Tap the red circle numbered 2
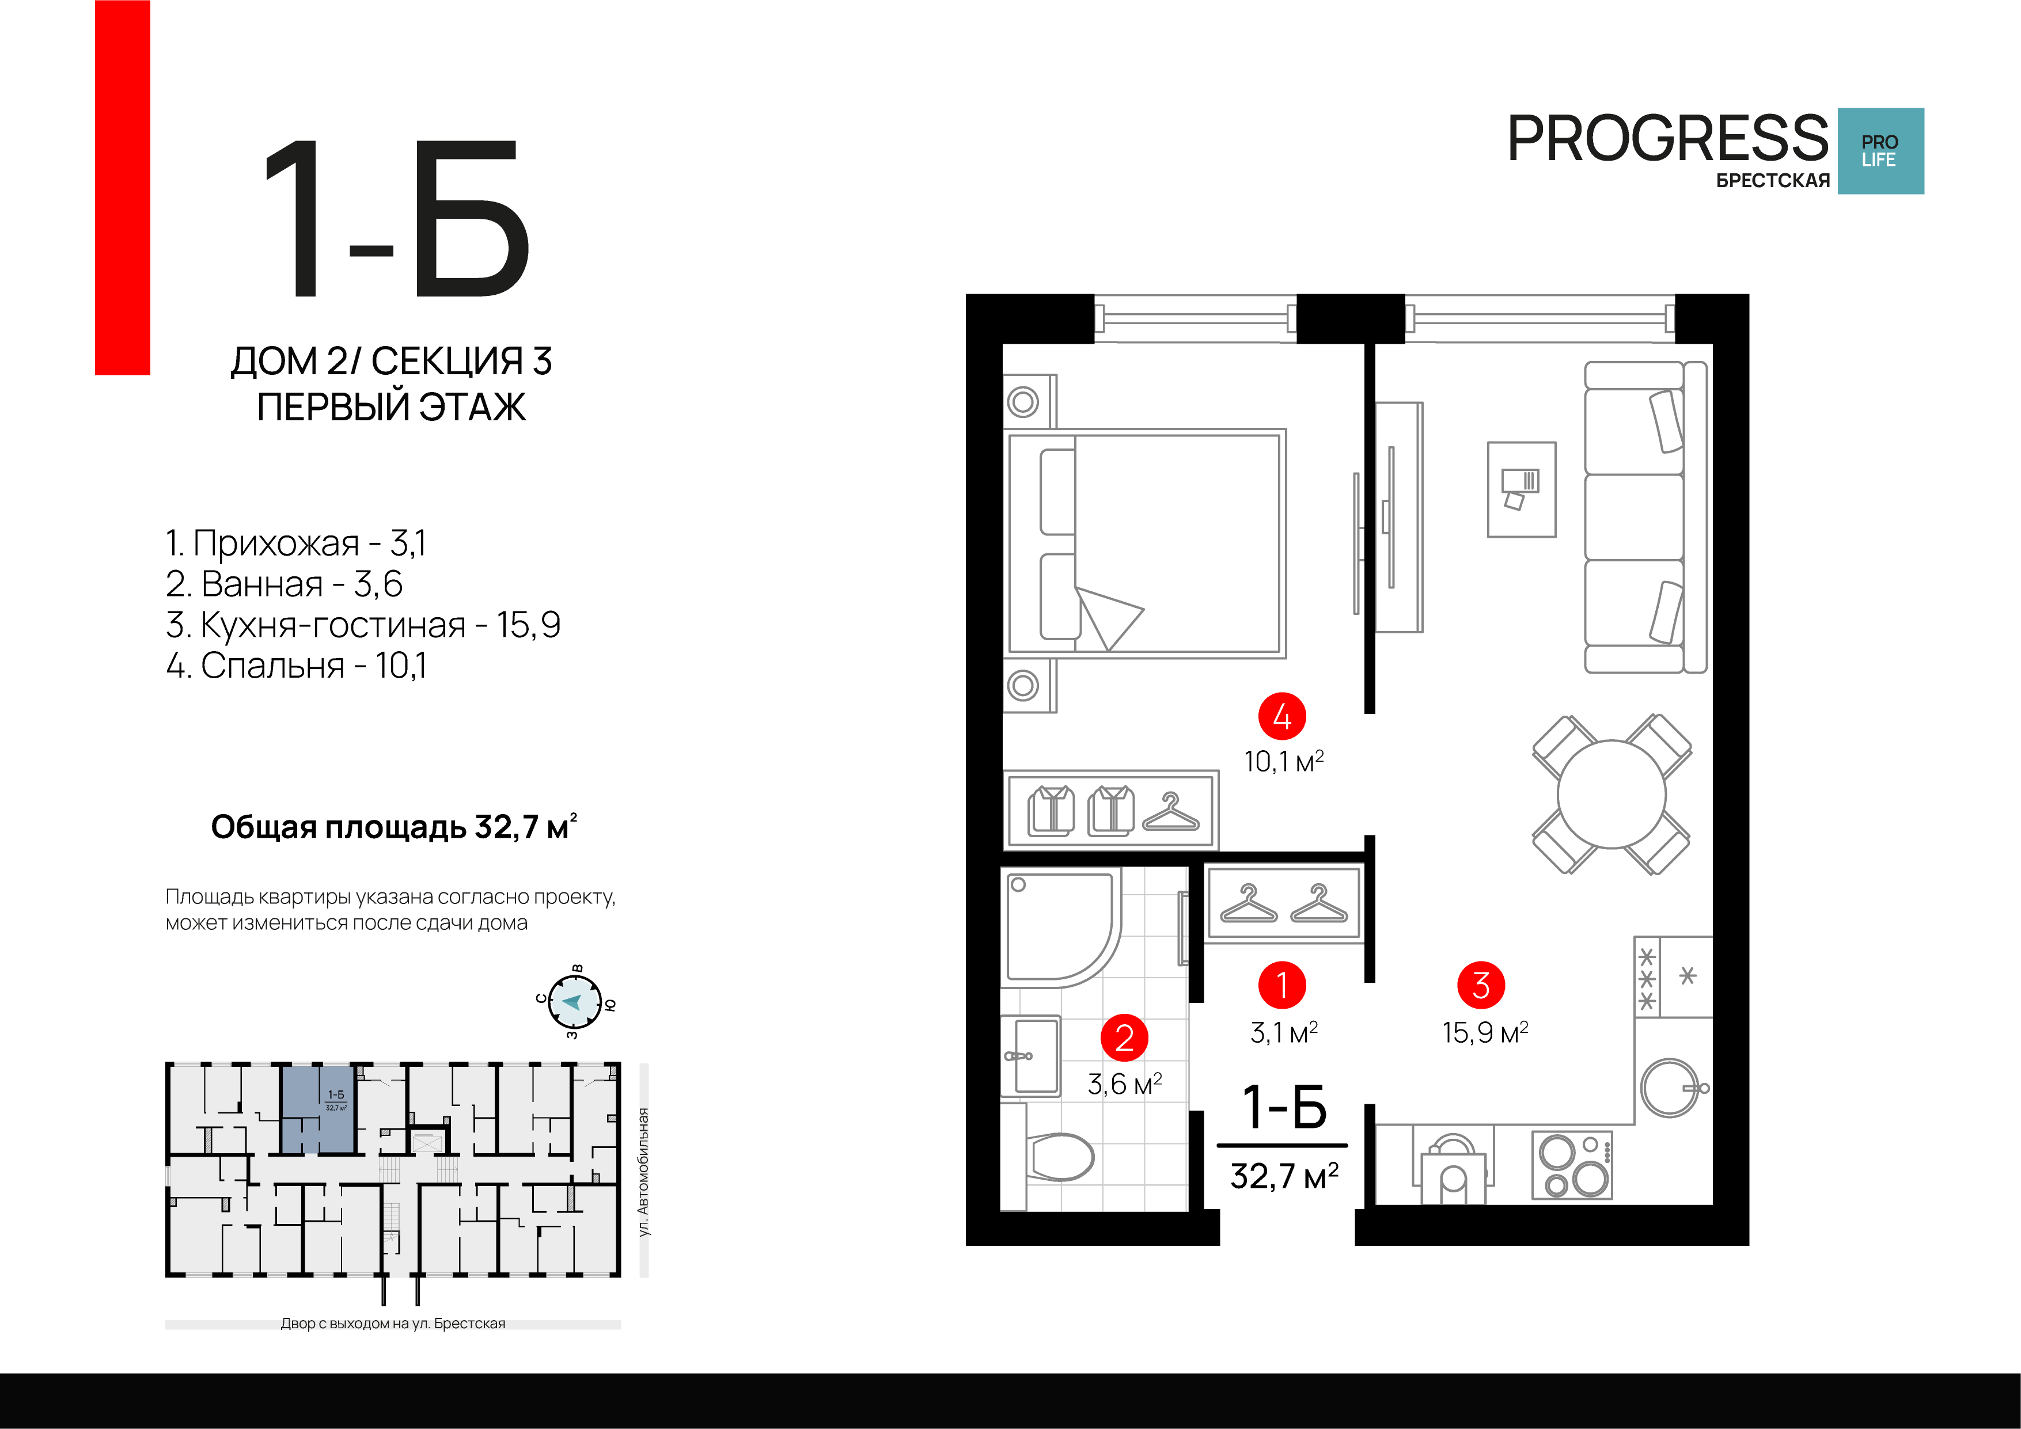click(x=1124, y=1037)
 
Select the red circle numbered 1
click(x=1281, y=985)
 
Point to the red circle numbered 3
click(x=1481, y=985)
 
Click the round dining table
click(x=1612, y=795)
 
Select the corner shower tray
click(x=1061, y=926)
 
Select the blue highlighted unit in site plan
click(x=318, y=1109)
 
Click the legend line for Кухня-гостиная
click(x=363, y=625)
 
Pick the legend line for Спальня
click(x=296, y=665)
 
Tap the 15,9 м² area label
click(x=1485, y=1032)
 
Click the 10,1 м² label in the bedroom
click(x=1283, y=761)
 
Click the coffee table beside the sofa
click(x=1522, y=489)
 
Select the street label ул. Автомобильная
click(x=643, y=1172)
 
